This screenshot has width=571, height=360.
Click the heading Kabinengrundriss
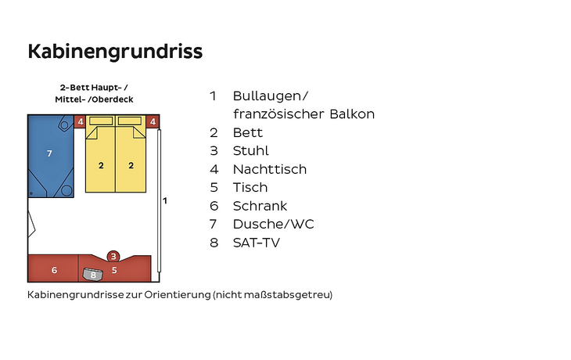tap(115, 52)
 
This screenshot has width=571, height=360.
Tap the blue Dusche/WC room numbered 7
tap(51, 157)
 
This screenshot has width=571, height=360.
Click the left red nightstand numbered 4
tap(80, 121)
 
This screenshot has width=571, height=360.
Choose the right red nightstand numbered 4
tap(153, 121)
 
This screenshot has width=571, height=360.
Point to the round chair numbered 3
tap(113, 257)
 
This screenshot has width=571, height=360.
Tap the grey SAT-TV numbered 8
tap(93, 274)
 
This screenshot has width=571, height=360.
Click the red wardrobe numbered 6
tap(53, 268)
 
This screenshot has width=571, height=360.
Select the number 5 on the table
tap(114, 270)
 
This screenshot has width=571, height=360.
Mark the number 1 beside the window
tap(165, 200)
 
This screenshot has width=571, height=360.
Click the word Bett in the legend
tap(248, 132)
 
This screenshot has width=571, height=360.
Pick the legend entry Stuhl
tap(251, 151)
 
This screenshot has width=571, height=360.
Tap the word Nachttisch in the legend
tap(270, 169)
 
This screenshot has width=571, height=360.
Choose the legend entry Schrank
tap(260, 206)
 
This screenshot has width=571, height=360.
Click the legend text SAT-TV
tap(257, 243)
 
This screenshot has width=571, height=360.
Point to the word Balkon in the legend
tap(352, 114)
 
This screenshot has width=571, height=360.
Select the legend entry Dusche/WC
tap(274, 224)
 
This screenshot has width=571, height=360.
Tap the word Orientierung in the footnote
tap(178, 295)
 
